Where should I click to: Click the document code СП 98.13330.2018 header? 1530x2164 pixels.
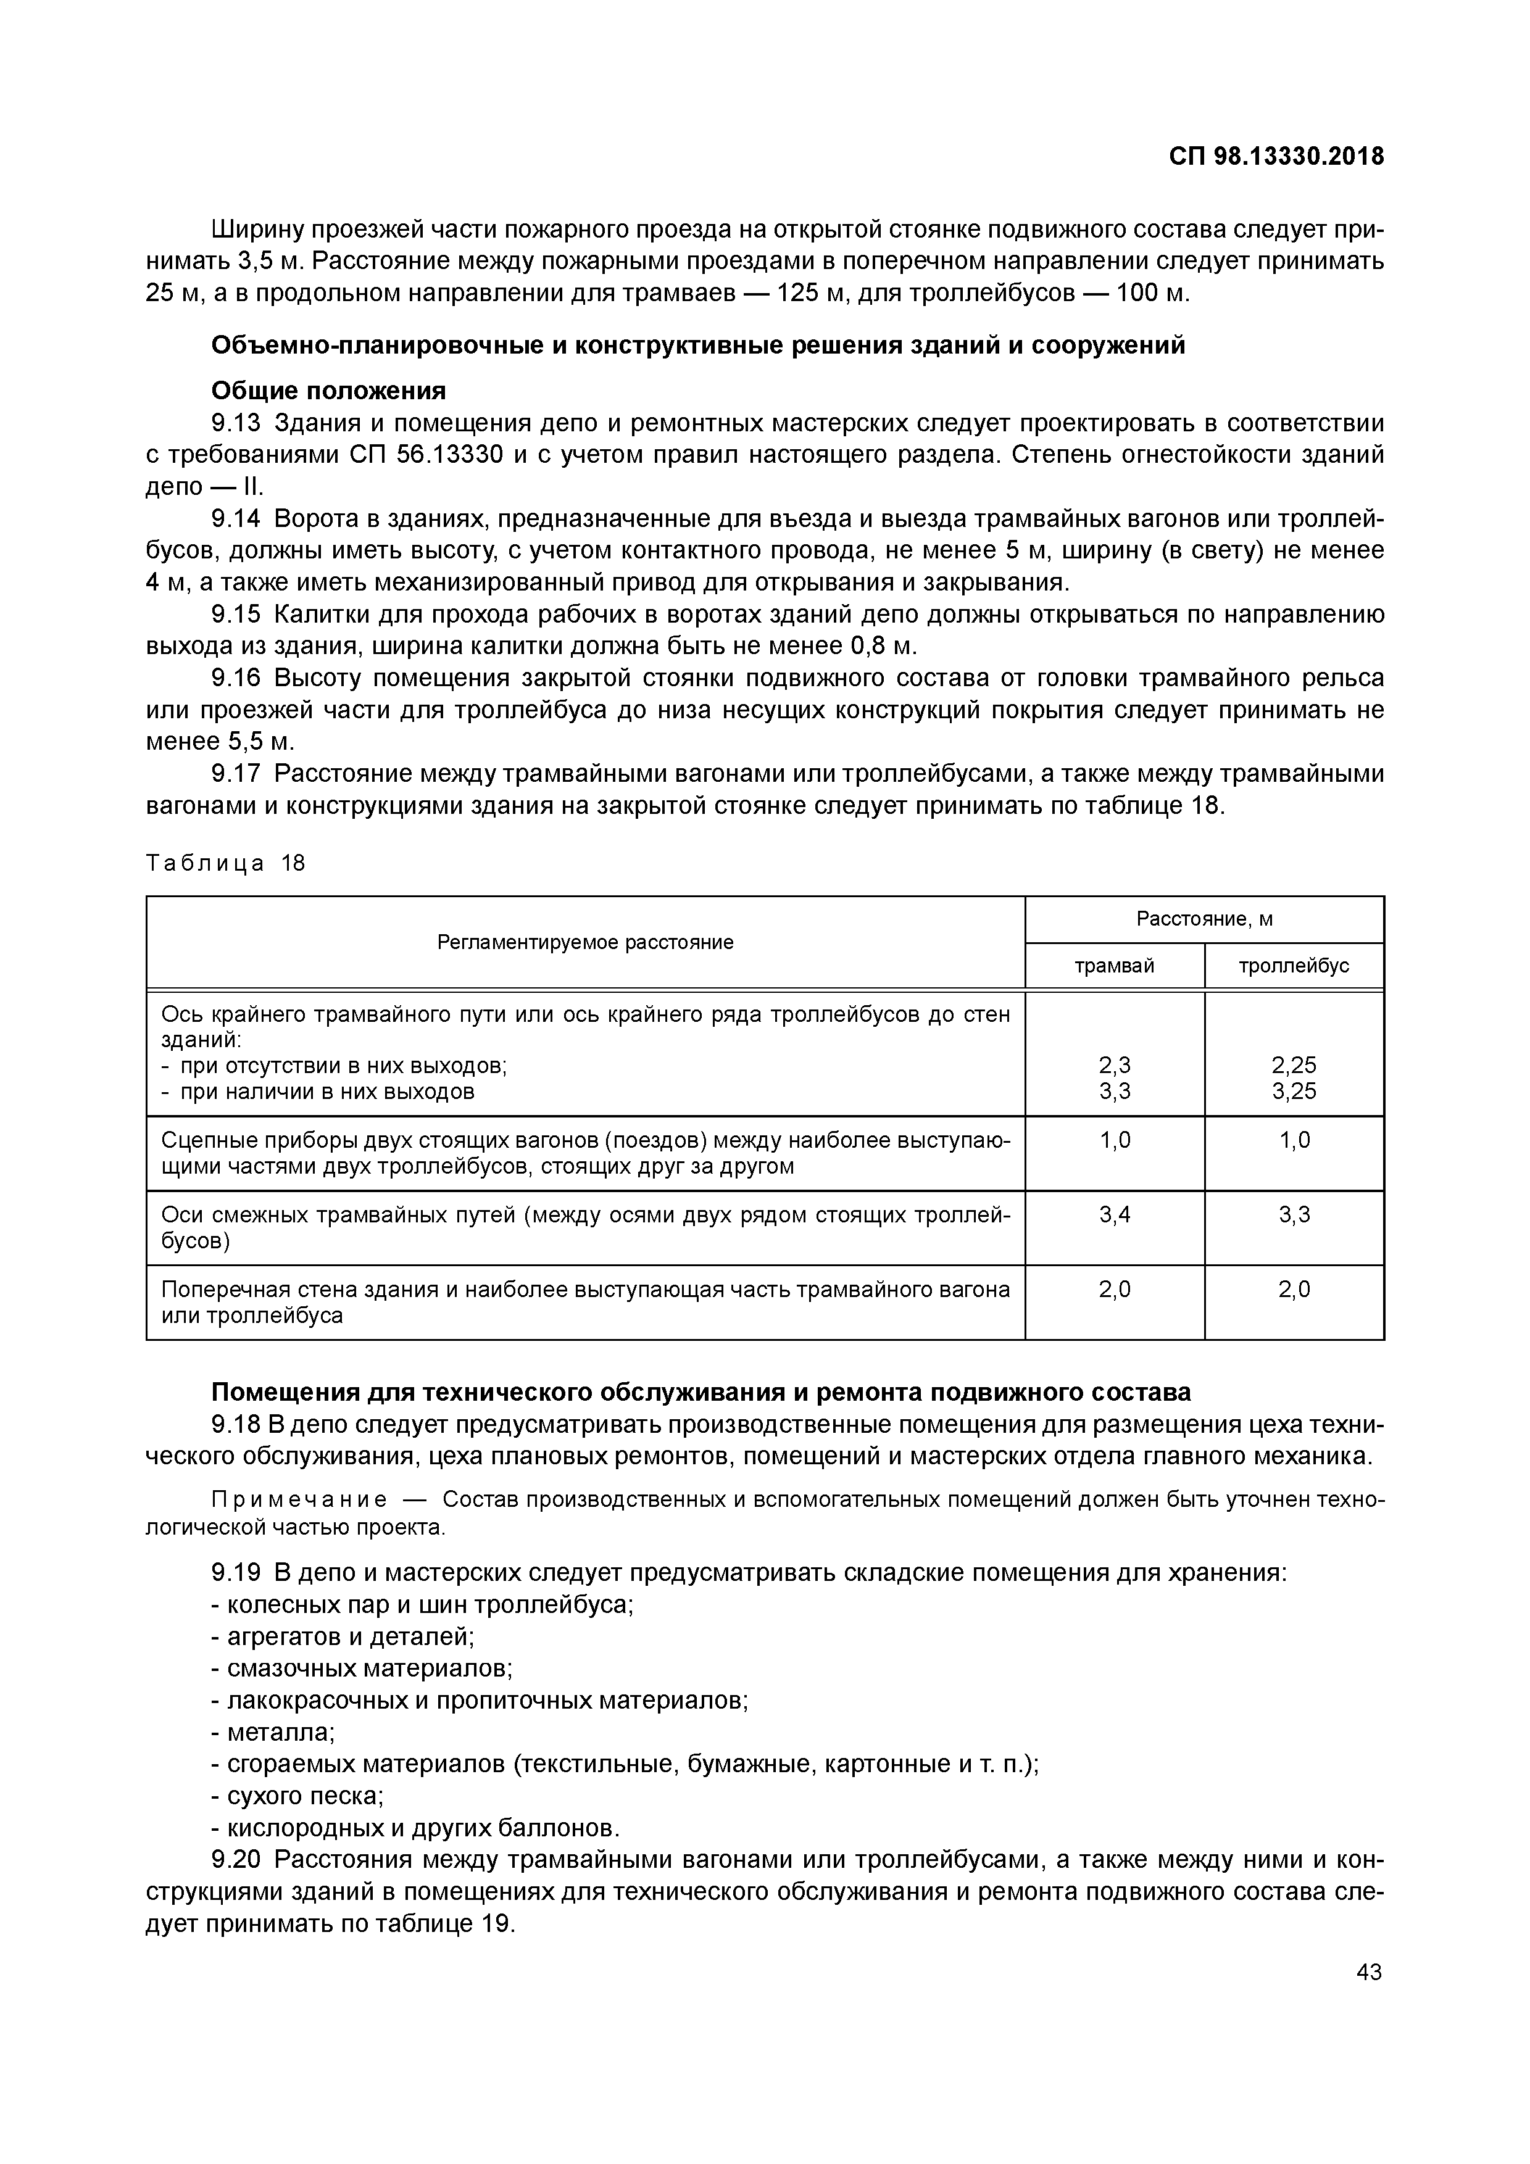pyautogui.click(x=1276, y=157)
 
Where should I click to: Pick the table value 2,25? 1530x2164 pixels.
pyautogui.click(x=1294, y=1065)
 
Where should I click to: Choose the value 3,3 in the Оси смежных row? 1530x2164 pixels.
pyautogui.click(x=1294, y=1215)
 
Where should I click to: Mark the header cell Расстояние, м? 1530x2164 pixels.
pyautogui.click(x=1204, y=919)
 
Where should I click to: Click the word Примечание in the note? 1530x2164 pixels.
pyautogui.click(x=299, y=1499)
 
